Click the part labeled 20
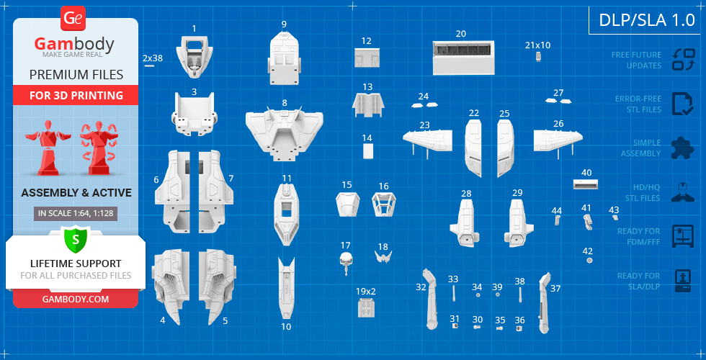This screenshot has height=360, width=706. tap(463, 58)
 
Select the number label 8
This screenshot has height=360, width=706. tap(285, 104)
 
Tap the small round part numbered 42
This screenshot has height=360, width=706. tap(590, 261)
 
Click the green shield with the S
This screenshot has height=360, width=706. tap(75, 239)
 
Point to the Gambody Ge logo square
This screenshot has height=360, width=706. tap(74, 18)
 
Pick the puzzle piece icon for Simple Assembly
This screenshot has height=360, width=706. tap(682, 148)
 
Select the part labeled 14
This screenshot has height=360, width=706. tap(368, 151)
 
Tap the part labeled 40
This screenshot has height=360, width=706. tap(586, 184)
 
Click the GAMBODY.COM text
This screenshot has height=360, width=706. tap(75, 298)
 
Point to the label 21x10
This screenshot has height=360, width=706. tap(537, 45)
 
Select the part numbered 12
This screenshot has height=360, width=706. tap(367, 57)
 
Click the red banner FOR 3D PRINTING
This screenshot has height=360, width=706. tap(76, 95)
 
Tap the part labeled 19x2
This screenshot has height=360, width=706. tap(366, 307)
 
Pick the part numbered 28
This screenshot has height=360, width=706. tap(465, 220)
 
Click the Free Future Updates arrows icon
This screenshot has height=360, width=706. tap(682, 59)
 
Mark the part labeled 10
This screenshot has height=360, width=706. tap(286, 287)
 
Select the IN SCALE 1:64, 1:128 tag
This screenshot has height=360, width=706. tap(75, 213)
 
